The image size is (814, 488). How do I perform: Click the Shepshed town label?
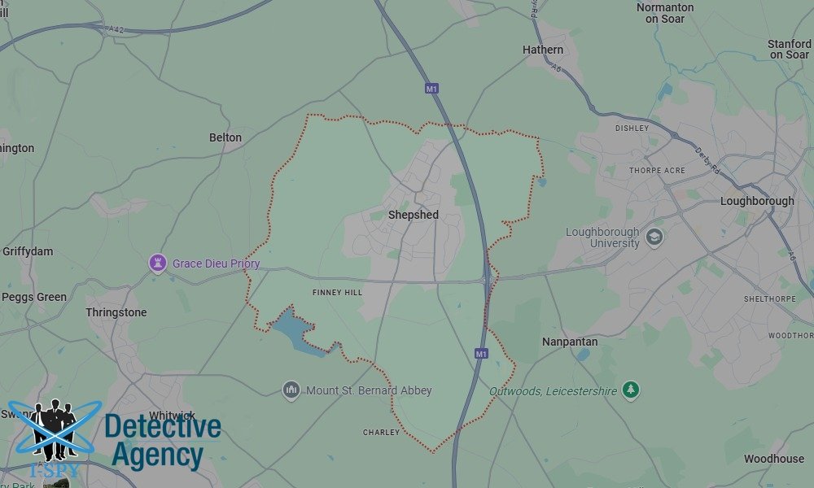[x=413, y=215]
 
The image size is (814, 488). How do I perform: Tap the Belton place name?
[x=225, y=137]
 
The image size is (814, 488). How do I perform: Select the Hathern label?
[x=542, y=50]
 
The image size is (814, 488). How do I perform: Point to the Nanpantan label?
[x=570, y=342]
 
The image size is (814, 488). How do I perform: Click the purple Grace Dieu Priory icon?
[x=156, y=264]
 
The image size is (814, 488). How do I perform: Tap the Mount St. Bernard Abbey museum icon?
[x=291, y=390]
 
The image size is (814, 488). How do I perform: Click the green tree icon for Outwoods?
[x=630, y=390]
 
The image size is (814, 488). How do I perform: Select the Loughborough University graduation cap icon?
[x=654, y=237]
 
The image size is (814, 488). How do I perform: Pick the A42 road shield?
[x=116, y=28]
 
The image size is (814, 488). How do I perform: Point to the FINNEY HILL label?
[x=337, y=292]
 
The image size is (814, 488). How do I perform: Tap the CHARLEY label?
[x=381, y=433]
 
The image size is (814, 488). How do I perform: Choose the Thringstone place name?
[x=116, y=312]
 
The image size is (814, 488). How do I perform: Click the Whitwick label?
[x=172, y=416]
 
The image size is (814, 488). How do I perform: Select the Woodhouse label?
[x=773, y=459]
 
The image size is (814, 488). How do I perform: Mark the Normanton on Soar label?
[x=665, y=13]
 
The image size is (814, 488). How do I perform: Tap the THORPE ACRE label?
[x=657, y=171]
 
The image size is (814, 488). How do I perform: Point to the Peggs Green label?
[x=34, y=297]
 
